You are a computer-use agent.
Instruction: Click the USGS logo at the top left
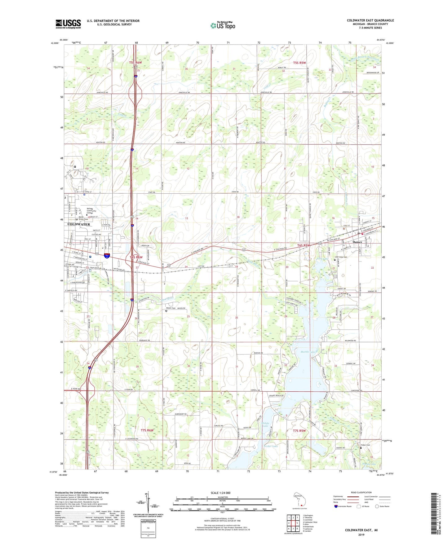(68, 24)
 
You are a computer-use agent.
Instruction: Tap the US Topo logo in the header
(223, 25)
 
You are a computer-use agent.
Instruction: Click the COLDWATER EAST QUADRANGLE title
(370, 20)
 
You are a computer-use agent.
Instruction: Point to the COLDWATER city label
(78, 224)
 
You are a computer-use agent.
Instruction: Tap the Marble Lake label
(308, 352)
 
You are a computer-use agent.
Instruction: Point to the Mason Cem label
(171, 308)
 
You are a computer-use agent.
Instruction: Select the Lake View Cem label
(341, 257)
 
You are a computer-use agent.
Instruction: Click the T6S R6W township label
(136, 257)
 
